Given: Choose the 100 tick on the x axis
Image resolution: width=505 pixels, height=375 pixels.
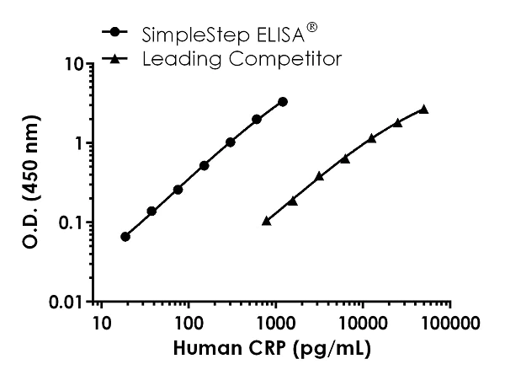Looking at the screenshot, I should coord(188,322).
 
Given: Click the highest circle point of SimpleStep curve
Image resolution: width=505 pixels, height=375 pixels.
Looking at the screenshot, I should coord(283,102).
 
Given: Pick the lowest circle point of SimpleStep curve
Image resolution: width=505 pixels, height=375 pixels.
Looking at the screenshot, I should coord(125,237).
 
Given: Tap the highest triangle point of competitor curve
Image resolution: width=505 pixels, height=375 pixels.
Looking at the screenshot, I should coord(423,109).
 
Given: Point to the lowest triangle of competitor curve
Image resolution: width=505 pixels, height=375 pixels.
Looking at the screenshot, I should coord(266,221).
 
